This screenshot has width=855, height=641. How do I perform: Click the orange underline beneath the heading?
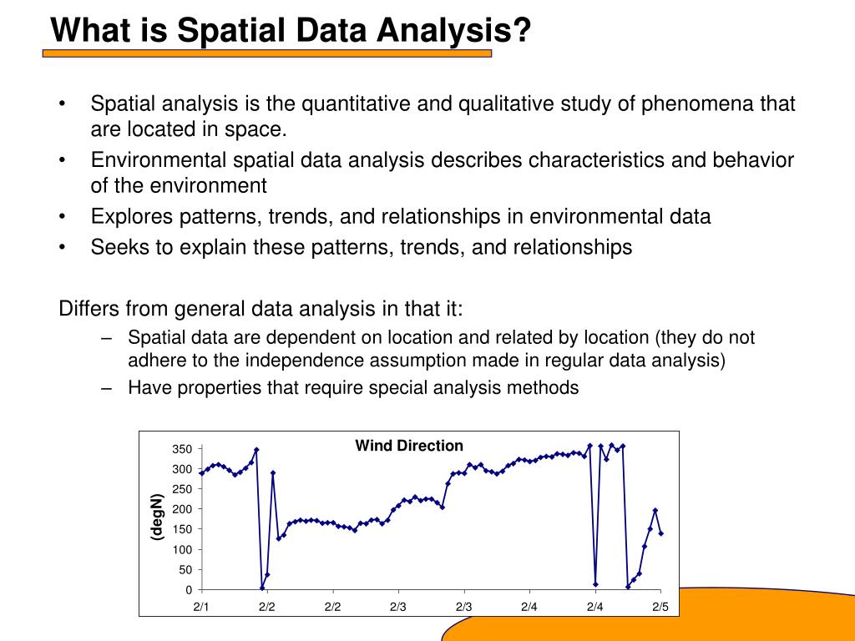point(267,53)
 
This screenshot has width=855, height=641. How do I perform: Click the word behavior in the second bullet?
point(753,159)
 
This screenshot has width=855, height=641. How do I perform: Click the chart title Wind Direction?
point(409,446)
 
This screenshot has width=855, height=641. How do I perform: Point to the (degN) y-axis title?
point(157,517)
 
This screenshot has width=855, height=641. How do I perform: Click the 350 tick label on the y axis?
point(182,449)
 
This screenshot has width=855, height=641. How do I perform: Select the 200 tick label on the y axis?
point(182,509)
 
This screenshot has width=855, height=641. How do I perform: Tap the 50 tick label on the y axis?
point(185,569)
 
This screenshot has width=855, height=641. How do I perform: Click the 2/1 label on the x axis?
point(201,607)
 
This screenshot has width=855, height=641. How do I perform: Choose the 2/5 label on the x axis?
point(660,607)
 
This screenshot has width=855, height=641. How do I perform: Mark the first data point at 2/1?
point(202,473)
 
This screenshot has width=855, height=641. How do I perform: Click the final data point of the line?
point(661,533)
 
